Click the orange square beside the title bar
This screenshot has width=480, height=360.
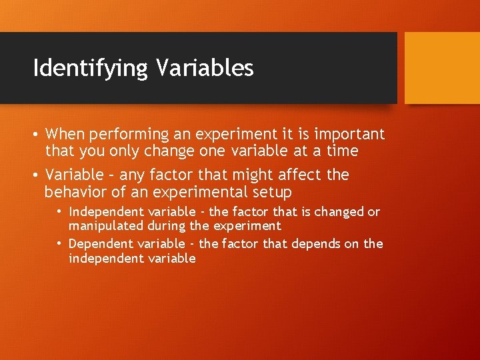[442, 68]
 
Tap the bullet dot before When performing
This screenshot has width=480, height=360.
[36, 134]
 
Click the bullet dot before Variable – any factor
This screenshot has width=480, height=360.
[36, 175]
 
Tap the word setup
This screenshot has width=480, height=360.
[271, 193]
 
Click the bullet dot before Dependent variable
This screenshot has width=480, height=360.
[59, 244]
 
